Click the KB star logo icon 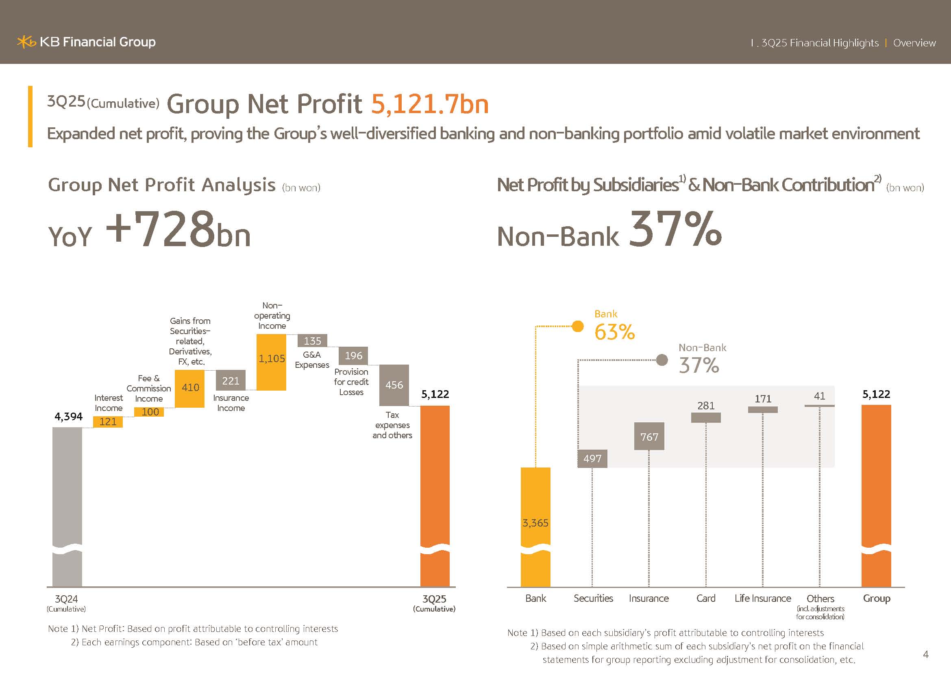tap(26, 42)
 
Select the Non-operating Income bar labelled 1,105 tap(271, 362)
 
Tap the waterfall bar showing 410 tap(190, 388)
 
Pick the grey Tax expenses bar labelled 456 tap(394, 385)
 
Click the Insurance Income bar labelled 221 tap(231, 380)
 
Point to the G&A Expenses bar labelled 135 tap(312, 341)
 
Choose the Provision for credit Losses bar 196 tap(353, 356)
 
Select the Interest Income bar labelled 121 tap(108, 422)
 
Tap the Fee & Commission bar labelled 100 tap(149, 412)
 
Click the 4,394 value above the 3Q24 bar tap(68, 417)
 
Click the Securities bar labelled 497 tap(592, 459)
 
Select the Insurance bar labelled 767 tap(649, 436)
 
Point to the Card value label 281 tap(706, 406)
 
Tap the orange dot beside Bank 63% tap(577, 327)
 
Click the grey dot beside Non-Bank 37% tap(662, 360)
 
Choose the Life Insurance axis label tap(762, 599)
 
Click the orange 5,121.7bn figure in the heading tap(429, 104)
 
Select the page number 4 tap(926, 654)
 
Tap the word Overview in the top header tap(914, 43)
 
